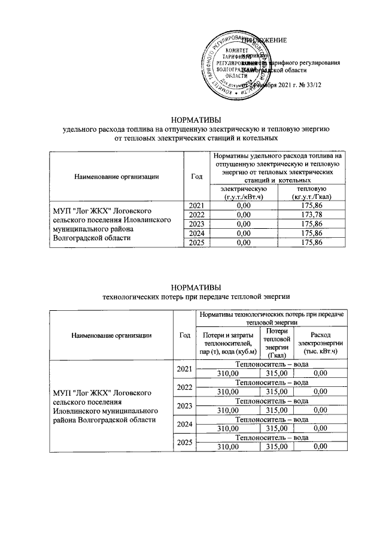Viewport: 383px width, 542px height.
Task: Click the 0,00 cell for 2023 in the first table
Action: tap(242, 224)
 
